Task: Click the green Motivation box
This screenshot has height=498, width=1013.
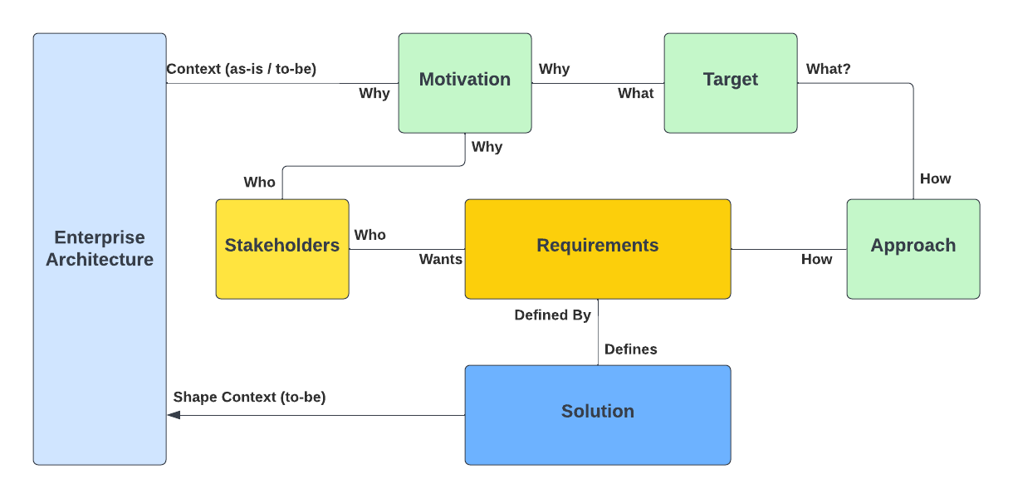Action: tap(465, 83)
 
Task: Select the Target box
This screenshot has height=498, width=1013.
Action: tap(731, 83)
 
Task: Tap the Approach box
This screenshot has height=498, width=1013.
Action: tap(913, 249)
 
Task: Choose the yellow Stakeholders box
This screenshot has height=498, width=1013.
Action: tap(282, 249)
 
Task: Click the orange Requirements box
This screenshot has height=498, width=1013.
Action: tap(598, 249)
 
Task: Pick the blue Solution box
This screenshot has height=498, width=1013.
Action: tap(598, 415)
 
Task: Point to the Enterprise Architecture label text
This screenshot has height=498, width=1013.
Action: tap(100, 248)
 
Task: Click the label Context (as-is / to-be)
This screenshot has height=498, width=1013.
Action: tap(242, 69)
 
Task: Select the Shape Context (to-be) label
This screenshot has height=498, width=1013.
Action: tap(249, 397)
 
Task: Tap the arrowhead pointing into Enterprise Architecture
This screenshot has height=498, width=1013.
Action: tap(174, 415)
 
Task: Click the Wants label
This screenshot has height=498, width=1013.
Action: tap(440, 259)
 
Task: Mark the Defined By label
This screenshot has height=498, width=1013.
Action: tap(552, 315)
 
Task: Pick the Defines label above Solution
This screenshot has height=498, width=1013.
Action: tap(630, 349)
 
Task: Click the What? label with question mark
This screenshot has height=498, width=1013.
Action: tap(828, 69)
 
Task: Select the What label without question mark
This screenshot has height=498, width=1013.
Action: tap(635, 93)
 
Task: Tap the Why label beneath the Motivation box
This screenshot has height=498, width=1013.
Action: tap(487, 147)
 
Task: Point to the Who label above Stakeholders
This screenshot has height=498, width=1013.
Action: tap(259, 182)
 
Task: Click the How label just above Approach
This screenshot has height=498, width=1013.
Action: tap(935, 178)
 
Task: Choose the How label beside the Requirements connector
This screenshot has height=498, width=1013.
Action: tap(816, 259)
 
